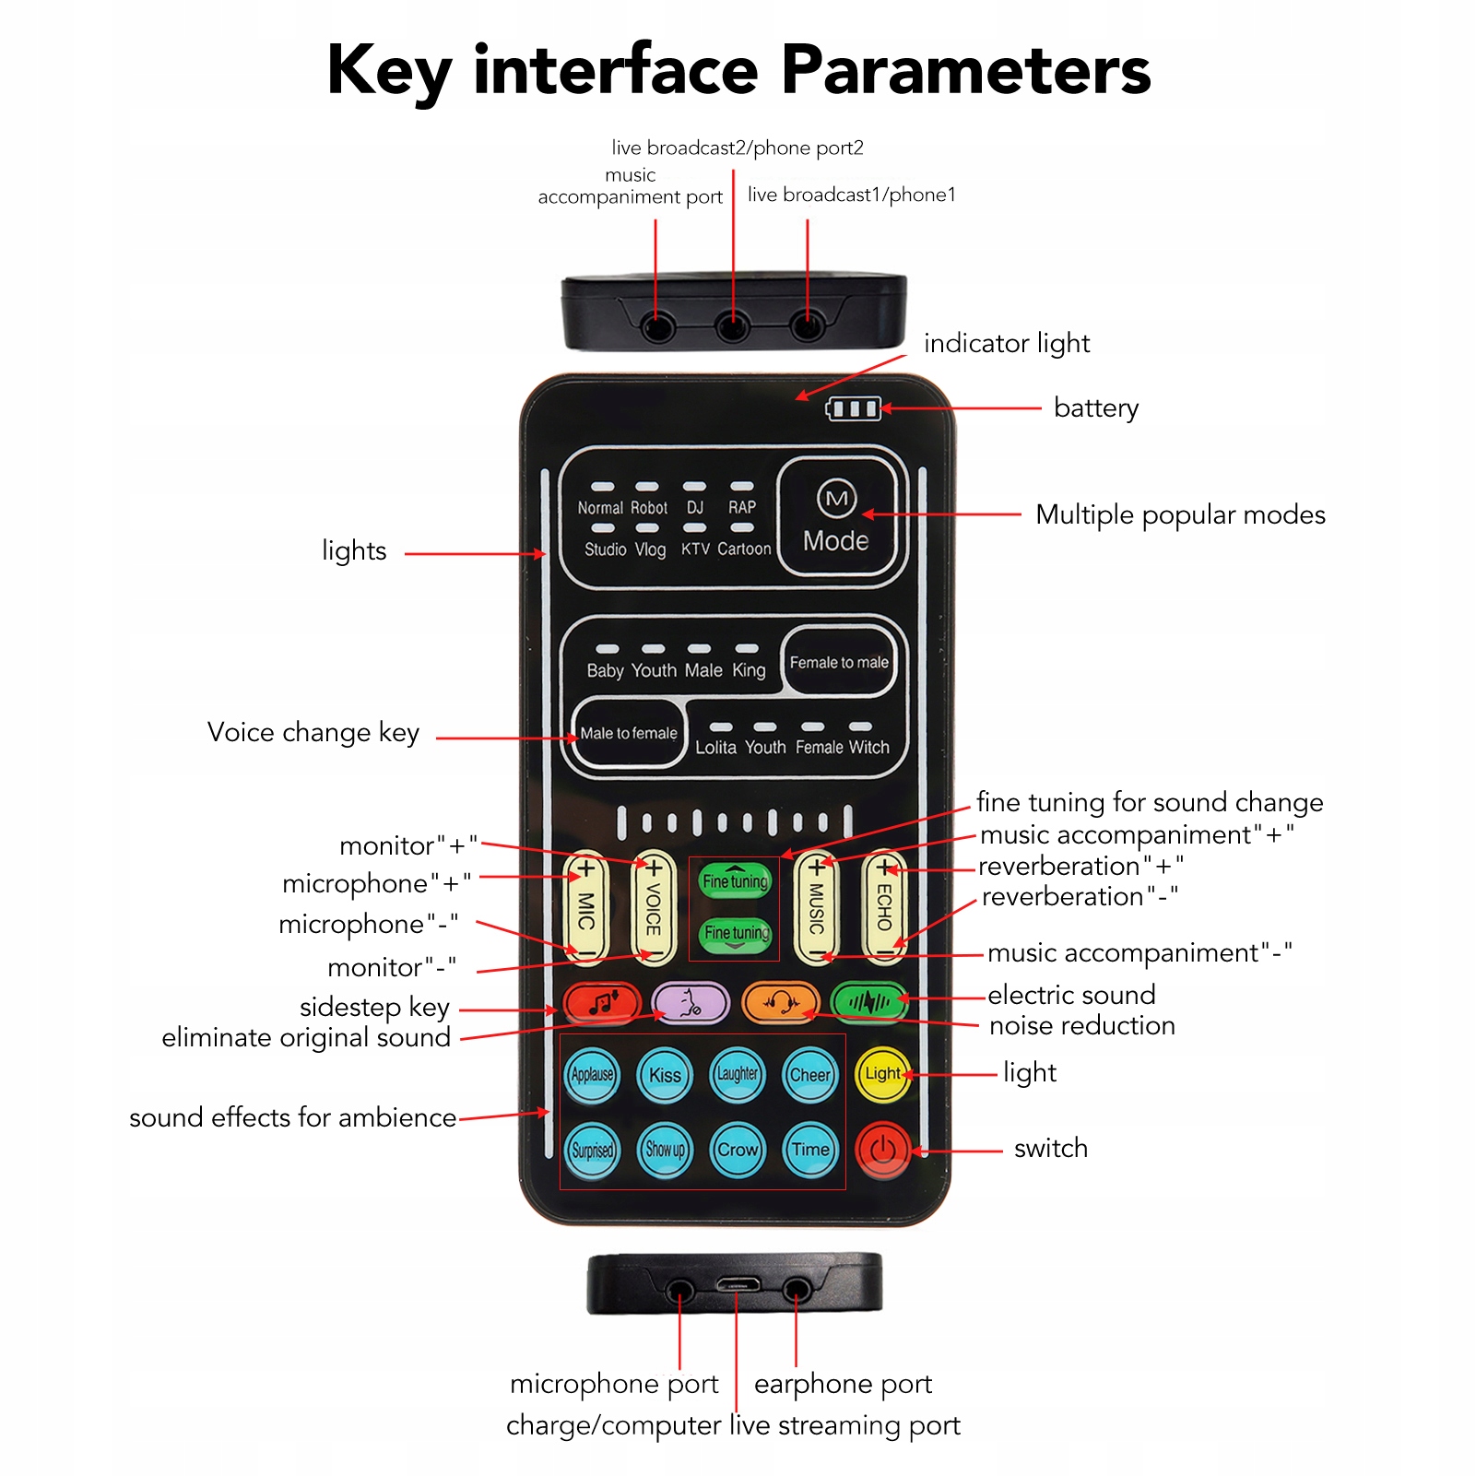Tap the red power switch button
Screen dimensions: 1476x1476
882,1150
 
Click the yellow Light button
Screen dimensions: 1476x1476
882,1074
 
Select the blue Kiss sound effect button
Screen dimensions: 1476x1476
665,1075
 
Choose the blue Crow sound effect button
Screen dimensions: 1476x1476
738,1150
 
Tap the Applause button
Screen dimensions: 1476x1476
592,1075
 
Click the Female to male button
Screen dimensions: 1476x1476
839,662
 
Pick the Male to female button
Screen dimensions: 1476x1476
629,734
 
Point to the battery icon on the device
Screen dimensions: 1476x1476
853,408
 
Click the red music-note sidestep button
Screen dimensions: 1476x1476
602,1003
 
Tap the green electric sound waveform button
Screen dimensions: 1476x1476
868,1002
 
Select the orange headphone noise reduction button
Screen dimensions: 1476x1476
781,1003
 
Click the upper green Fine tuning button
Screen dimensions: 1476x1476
735,881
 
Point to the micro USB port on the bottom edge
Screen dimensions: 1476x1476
737,1284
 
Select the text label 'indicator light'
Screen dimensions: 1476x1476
1007,344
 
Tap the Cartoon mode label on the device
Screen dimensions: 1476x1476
744,549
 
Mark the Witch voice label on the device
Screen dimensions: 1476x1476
868,748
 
